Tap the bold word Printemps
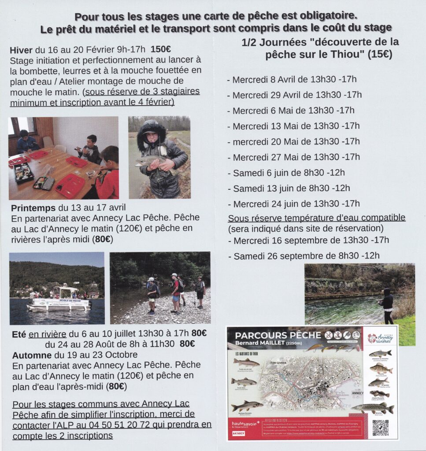(32, 208)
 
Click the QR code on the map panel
(380, 427)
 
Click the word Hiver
(21, 50)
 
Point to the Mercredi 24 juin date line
(296, 204)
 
